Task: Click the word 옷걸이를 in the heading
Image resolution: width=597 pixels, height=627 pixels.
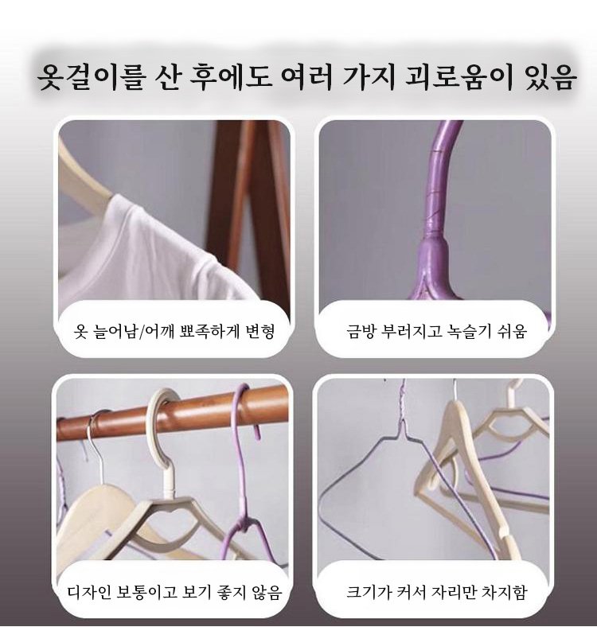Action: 90,76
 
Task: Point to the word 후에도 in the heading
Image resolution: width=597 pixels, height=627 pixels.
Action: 231,76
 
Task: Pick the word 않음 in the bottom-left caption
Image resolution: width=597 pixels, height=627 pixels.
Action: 267,592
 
